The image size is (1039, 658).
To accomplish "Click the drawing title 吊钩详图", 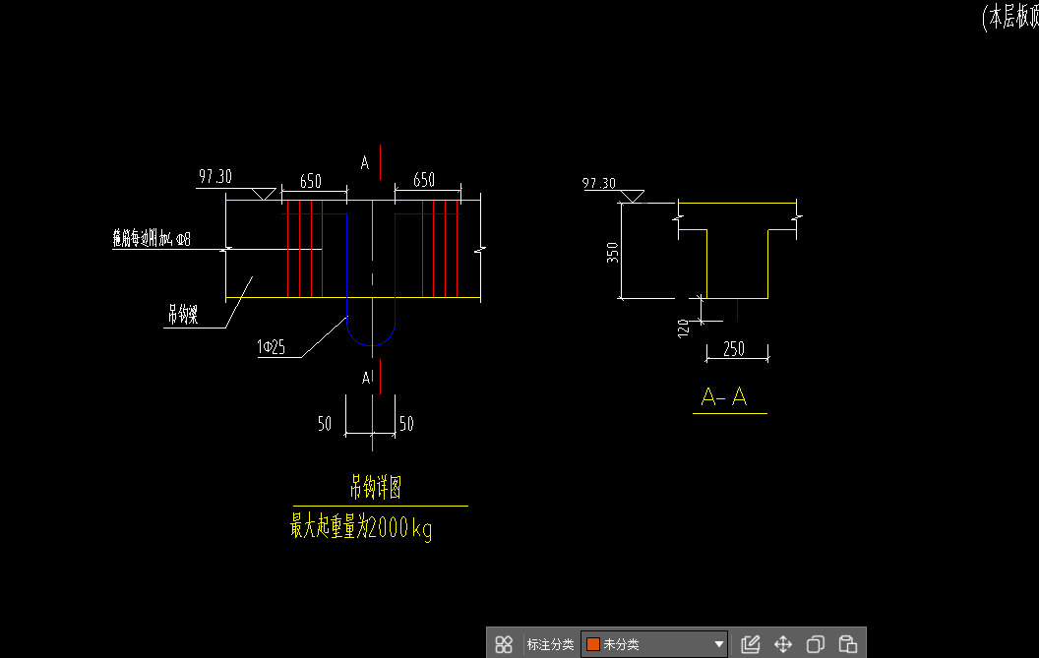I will coord(376,486).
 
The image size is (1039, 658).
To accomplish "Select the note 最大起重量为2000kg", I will coord(361,528).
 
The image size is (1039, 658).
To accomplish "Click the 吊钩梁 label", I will coord(183,316).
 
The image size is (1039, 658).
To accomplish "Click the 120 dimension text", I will coord(683,327).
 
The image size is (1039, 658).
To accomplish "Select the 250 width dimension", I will coord(733,348).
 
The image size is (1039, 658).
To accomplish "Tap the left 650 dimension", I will coord(311,181).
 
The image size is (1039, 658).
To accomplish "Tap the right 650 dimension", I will coord(424,180).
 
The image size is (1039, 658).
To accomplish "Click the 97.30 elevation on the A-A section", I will coord(599,183).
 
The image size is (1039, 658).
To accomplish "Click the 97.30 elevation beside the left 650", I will coord(215,177).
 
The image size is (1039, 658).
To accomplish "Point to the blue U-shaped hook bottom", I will coord(370,339).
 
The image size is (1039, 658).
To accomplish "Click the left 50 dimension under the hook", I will coord(324,424).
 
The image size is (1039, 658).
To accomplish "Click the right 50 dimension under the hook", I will coord(406,424).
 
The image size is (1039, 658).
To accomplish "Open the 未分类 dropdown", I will coord(654,644).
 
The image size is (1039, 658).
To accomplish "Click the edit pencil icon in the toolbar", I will coord(750,644).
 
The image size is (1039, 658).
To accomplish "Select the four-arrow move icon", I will coord(783,644).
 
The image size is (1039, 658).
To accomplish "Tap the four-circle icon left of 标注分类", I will coord(504,644).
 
